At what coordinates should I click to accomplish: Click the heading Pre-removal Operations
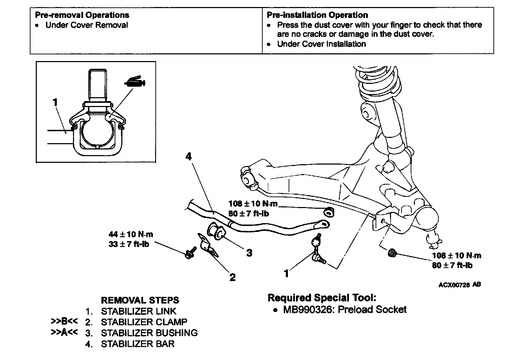[82, 15]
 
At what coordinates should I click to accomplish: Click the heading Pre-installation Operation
[317, 15]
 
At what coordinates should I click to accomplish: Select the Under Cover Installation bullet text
[322, 44]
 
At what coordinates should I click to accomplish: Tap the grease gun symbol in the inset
[135, 81]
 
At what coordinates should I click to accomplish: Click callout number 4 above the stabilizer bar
[188, 156]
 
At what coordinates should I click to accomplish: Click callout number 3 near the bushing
[249, 253]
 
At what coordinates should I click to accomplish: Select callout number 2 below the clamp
[233, 277]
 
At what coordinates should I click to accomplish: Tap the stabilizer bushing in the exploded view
[216, 231]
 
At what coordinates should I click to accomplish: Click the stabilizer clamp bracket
[207, 245]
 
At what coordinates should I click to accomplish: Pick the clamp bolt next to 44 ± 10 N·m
[190, 253]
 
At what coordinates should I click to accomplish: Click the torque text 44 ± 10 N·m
[131, 234]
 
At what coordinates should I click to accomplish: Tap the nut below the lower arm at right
[392, 253]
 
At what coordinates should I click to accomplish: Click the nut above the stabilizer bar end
[329, 213]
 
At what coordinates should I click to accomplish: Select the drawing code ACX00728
[454, 285]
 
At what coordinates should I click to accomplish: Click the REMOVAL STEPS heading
[140, 300]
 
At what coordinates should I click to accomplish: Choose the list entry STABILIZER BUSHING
[149, 333]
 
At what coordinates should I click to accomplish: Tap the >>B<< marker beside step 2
[64, 321]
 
